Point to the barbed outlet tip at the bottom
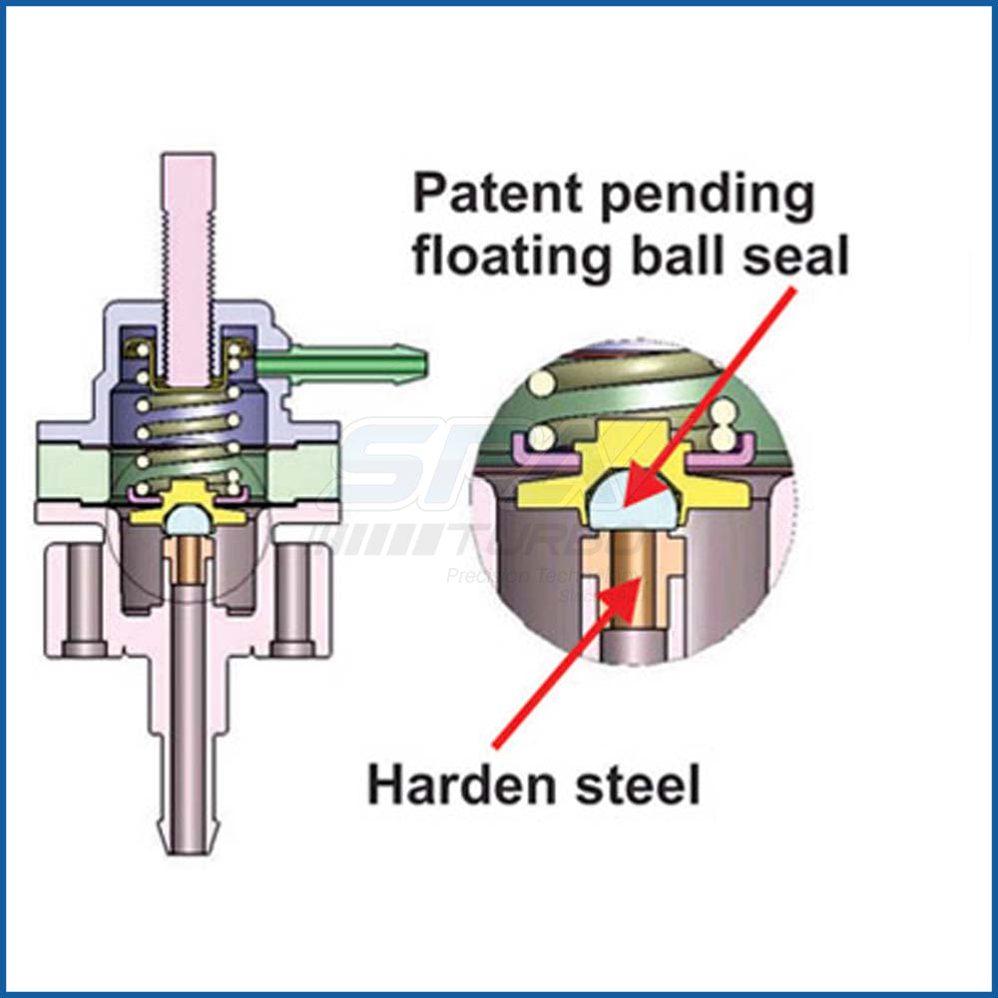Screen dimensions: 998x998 [x=188, y=828]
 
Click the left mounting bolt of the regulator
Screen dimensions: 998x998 [x=89, y=599]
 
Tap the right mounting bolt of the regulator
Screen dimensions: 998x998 [x=292, y=599]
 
